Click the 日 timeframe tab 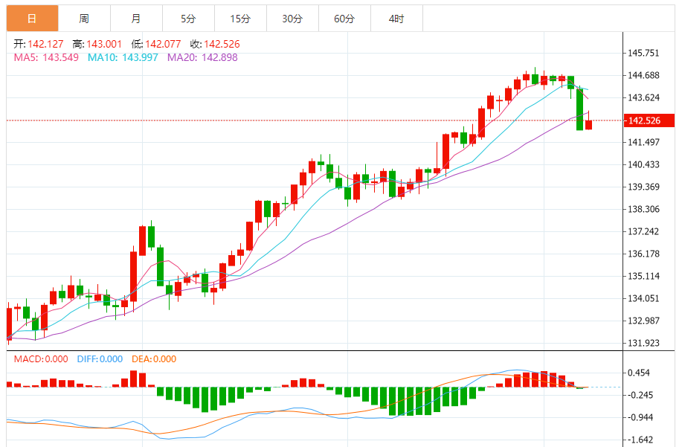coord(32,18)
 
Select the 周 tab coord(84,18)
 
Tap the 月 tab coord(135,18)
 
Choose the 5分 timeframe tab coord(188,18)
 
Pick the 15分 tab coord(240,18)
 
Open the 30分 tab coord(292,18)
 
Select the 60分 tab coord(344,18)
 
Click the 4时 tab coord(396,18)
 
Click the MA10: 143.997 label coord(123,57)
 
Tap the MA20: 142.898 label coord(202,57)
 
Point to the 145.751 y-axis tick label coord(644,54)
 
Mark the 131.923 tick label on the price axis coord(644,343)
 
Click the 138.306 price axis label coord(644,210)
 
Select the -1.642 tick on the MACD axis coord(640,440)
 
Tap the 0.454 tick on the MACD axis coord(640,373)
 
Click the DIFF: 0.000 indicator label coord(100,359)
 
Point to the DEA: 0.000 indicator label coord(154,359)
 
